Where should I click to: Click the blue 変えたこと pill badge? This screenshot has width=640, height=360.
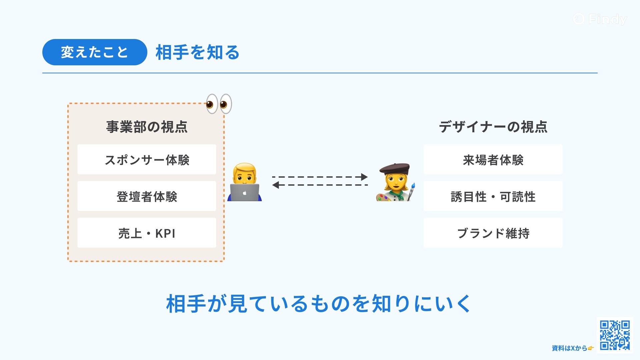(x=94, y=52)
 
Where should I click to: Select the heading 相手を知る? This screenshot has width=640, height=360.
(x=197, y=53)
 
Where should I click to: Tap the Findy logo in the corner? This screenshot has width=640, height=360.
(x=600, y=19)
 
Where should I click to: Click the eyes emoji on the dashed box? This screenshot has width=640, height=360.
(x=219, y=104)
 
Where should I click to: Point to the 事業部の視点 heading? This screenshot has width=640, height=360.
(x=147, y=127)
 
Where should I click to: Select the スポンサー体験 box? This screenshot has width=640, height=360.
(x=147, y=160)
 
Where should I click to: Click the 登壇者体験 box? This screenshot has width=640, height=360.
(x=147, y=196)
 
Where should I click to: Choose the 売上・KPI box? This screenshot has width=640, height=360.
(x=147, y=233)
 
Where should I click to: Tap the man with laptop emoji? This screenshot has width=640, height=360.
(x=244, y=182)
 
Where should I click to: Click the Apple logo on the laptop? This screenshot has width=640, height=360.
(x=245, y=193)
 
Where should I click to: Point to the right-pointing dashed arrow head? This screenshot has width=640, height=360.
(x=364, y=177)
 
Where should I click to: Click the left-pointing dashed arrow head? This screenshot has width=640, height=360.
(x=276, y=185)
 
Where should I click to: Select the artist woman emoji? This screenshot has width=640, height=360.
(x=395, y=183)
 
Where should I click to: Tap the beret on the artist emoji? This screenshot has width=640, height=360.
(x=395, y=168)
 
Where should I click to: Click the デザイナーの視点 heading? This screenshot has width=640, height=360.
(x=493, y=127)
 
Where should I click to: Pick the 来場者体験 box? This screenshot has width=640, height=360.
(x=493, y=160)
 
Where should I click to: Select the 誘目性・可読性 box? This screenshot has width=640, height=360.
(x=493, y=196)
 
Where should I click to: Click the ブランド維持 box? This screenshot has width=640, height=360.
(x=493, y=233)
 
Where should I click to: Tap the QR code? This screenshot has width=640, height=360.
(x=615, y=335)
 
